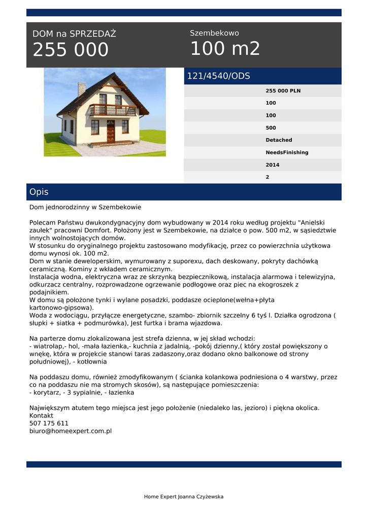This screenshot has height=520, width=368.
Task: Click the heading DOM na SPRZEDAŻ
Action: [x=74, y=34]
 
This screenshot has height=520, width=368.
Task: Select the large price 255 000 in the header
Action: [x=71, y=50]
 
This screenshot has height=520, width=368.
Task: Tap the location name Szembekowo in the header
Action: [x=214, y=33]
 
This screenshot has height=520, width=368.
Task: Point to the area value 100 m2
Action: [x=225, y=49]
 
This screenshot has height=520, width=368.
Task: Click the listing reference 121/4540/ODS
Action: [x=219, y=76]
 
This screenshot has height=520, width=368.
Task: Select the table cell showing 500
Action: [x=271, y=128]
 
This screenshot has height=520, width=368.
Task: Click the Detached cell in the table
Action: [x=279, y=140]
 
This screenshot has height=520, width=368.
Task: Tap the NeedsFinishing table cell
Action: [x=287, y=152]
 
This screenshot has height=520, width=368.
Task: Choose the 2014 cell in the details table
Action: [x=273, y=165]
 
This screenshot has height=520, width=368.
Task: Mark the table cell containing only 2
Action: [x=267, y=177]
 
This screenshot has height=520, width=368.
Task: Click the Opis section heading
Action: [x=39, y=192]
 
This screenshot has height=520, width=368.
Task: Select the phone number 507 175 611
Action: [x=49, y=423]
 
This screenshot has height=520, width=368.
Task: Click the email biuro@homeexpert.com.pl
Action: [x=71, y=431]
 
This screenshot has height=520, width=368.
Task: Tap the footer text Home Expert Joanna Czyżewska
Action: [x=184, y=497]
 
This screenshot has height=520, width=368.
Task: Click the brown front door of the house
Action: [x=111, y=131]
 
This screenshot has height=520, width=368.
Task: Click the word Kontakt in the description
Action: [x=41, y=415]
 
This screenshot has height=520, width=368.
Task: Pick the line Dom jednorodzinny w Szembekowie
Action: [x=85, y=207]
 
